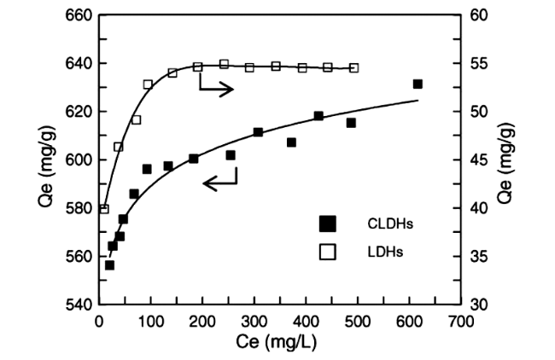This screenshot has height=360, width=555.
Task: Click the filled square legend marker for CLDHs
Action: (328, 224)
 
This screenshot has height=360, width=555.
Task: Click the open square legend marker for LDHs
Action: (328, 252)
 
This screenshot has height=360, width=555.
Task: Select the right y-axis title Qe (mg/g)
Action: (506, 160)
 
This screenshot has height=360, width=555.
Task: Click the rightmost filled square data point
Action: (418, 84)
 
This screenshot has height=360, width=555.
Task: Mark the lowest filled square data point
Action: (109, 265)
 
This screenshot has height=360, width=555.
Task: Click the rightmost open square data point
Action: (353, 67)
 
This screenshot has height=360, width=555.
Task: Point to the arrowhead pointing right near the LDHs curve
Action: (229, 89)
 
